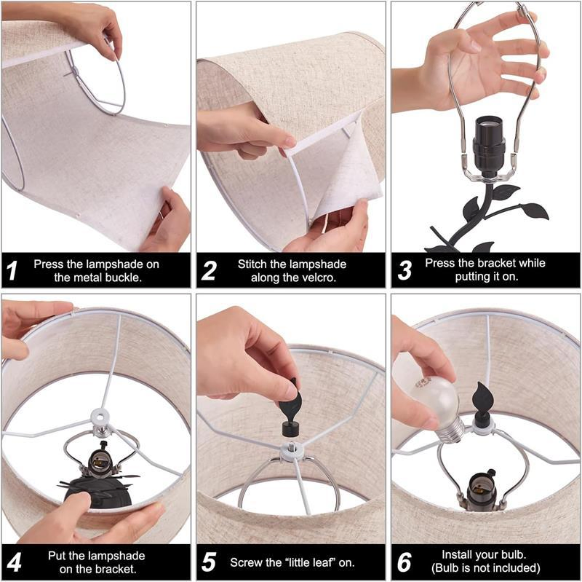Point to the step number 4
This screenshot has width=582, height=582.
[13, 562]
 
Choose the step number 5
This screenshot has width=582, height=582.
[209, 562]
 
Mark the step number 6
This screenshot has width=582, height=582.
[404, 562]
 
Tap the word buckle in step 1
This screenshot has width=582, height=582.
[124, 278]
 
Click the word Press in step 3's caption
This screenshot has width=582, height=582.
[441, 264]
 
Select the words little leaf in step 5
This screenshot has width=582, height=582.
[314, 562]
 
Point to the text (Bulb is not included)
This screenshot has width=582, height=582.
[486, 568]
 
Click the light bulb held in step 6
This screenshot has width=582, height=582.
[432, 405]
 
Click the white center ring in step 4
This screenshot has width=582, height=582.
[97, 417]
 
